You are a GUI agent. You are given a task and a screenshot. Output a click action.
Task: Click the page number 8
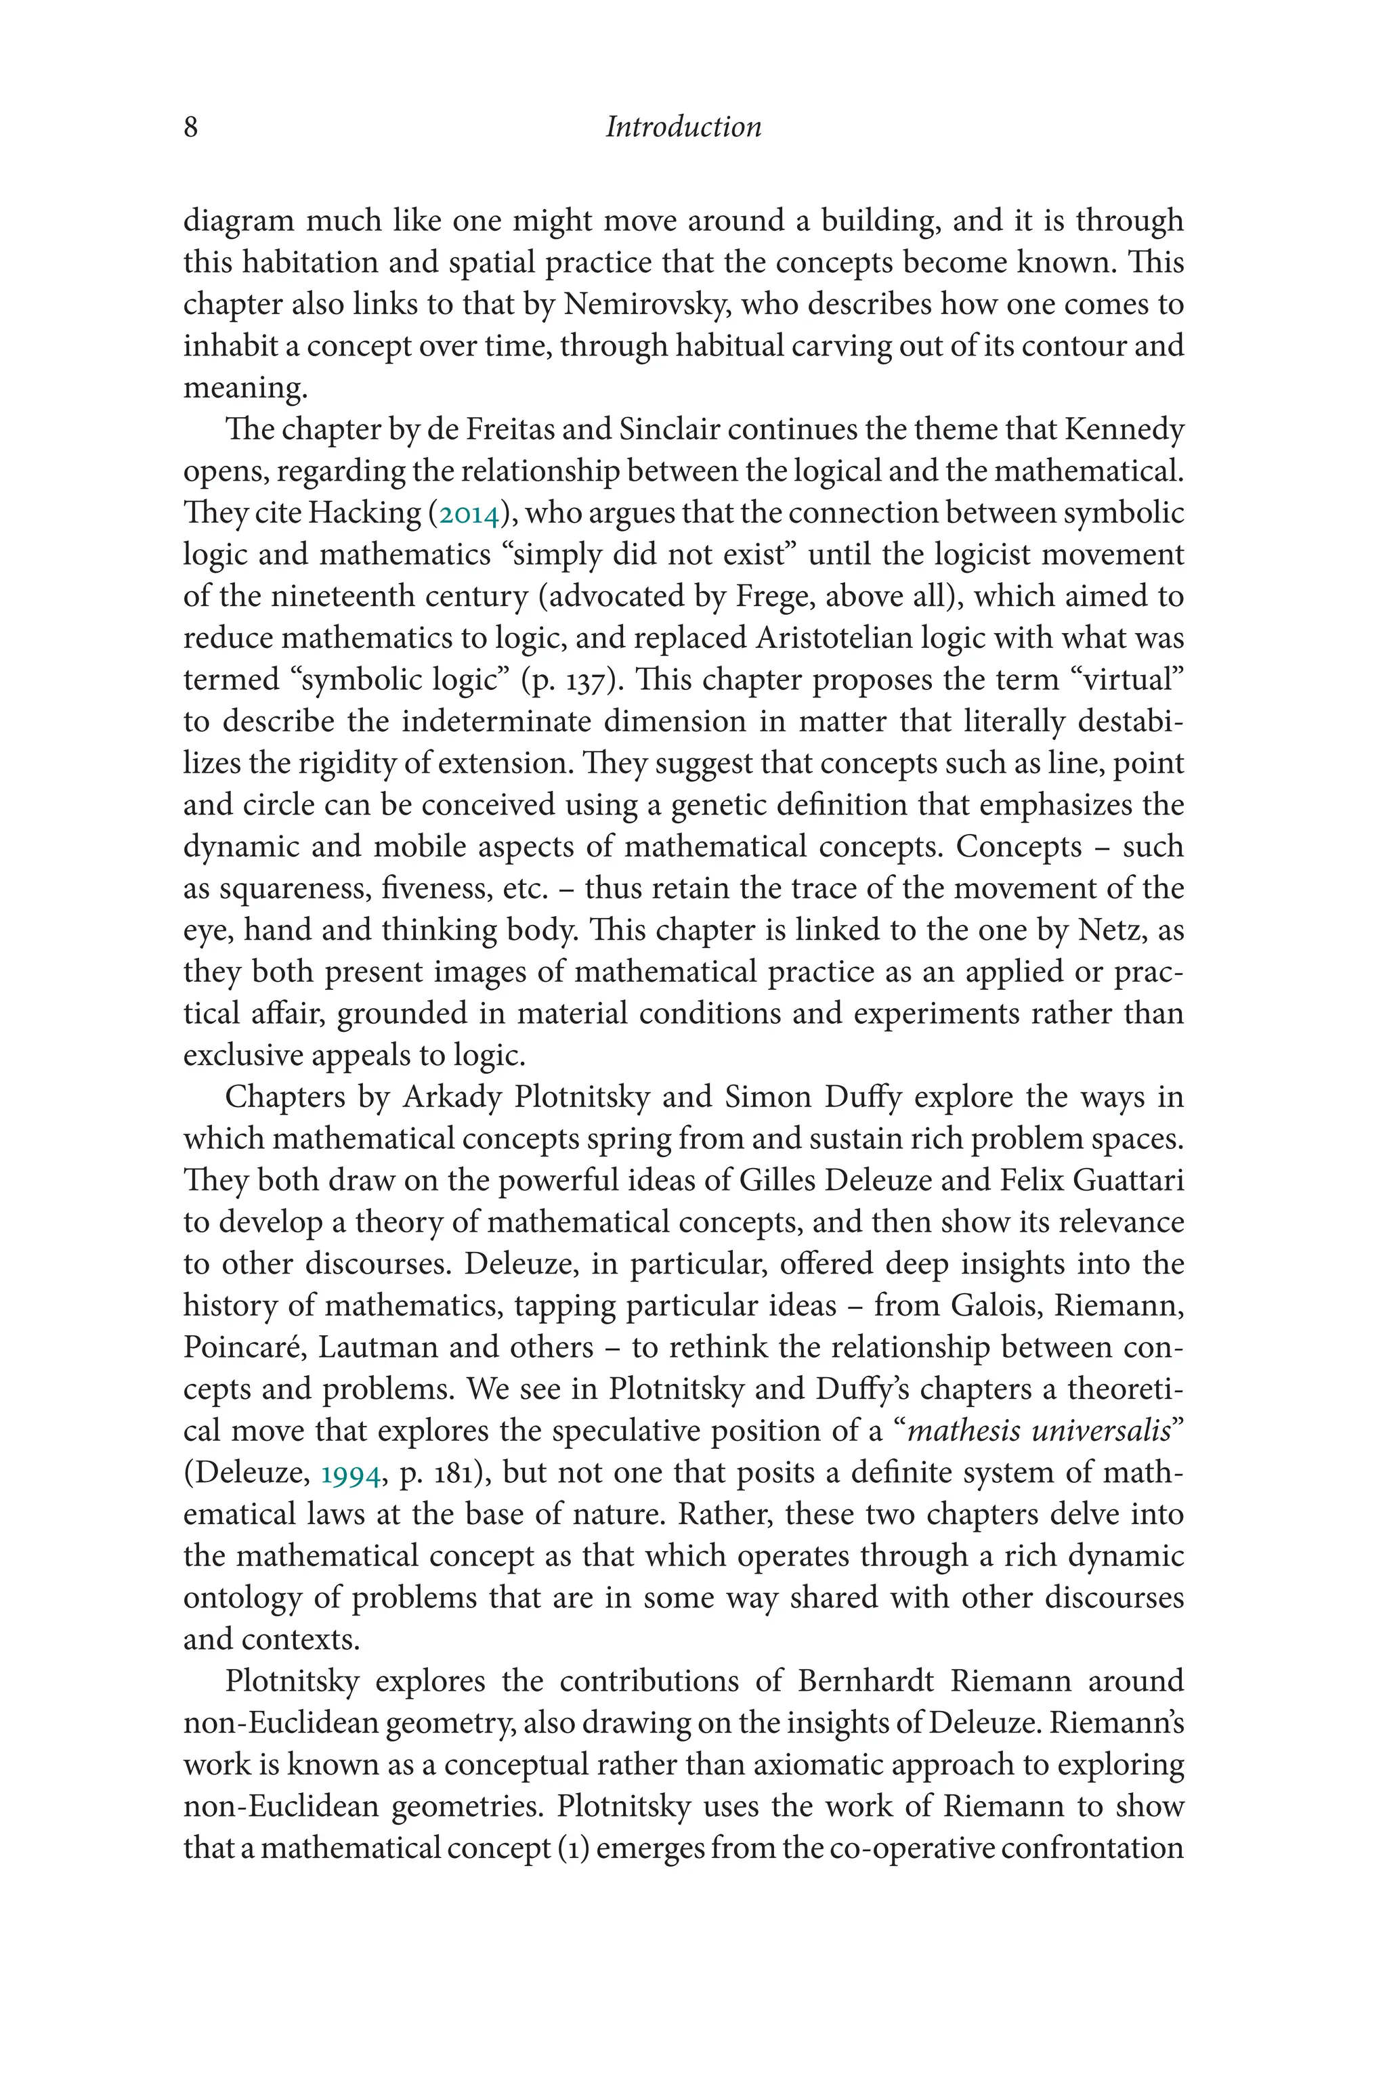(x=190, y=127)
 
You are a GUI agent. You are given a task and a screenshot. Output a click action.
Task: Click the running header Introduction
(x=683, y=127)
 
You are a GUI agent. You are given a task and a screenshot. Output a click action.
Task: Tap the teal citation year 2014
(x=469, y=514)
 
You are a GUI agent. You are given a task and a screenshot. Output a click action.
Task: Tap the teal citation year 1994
(x=351, y=1474)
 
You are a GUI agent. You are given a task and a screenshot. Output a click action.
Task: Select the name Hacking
(x=364, y=514)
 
